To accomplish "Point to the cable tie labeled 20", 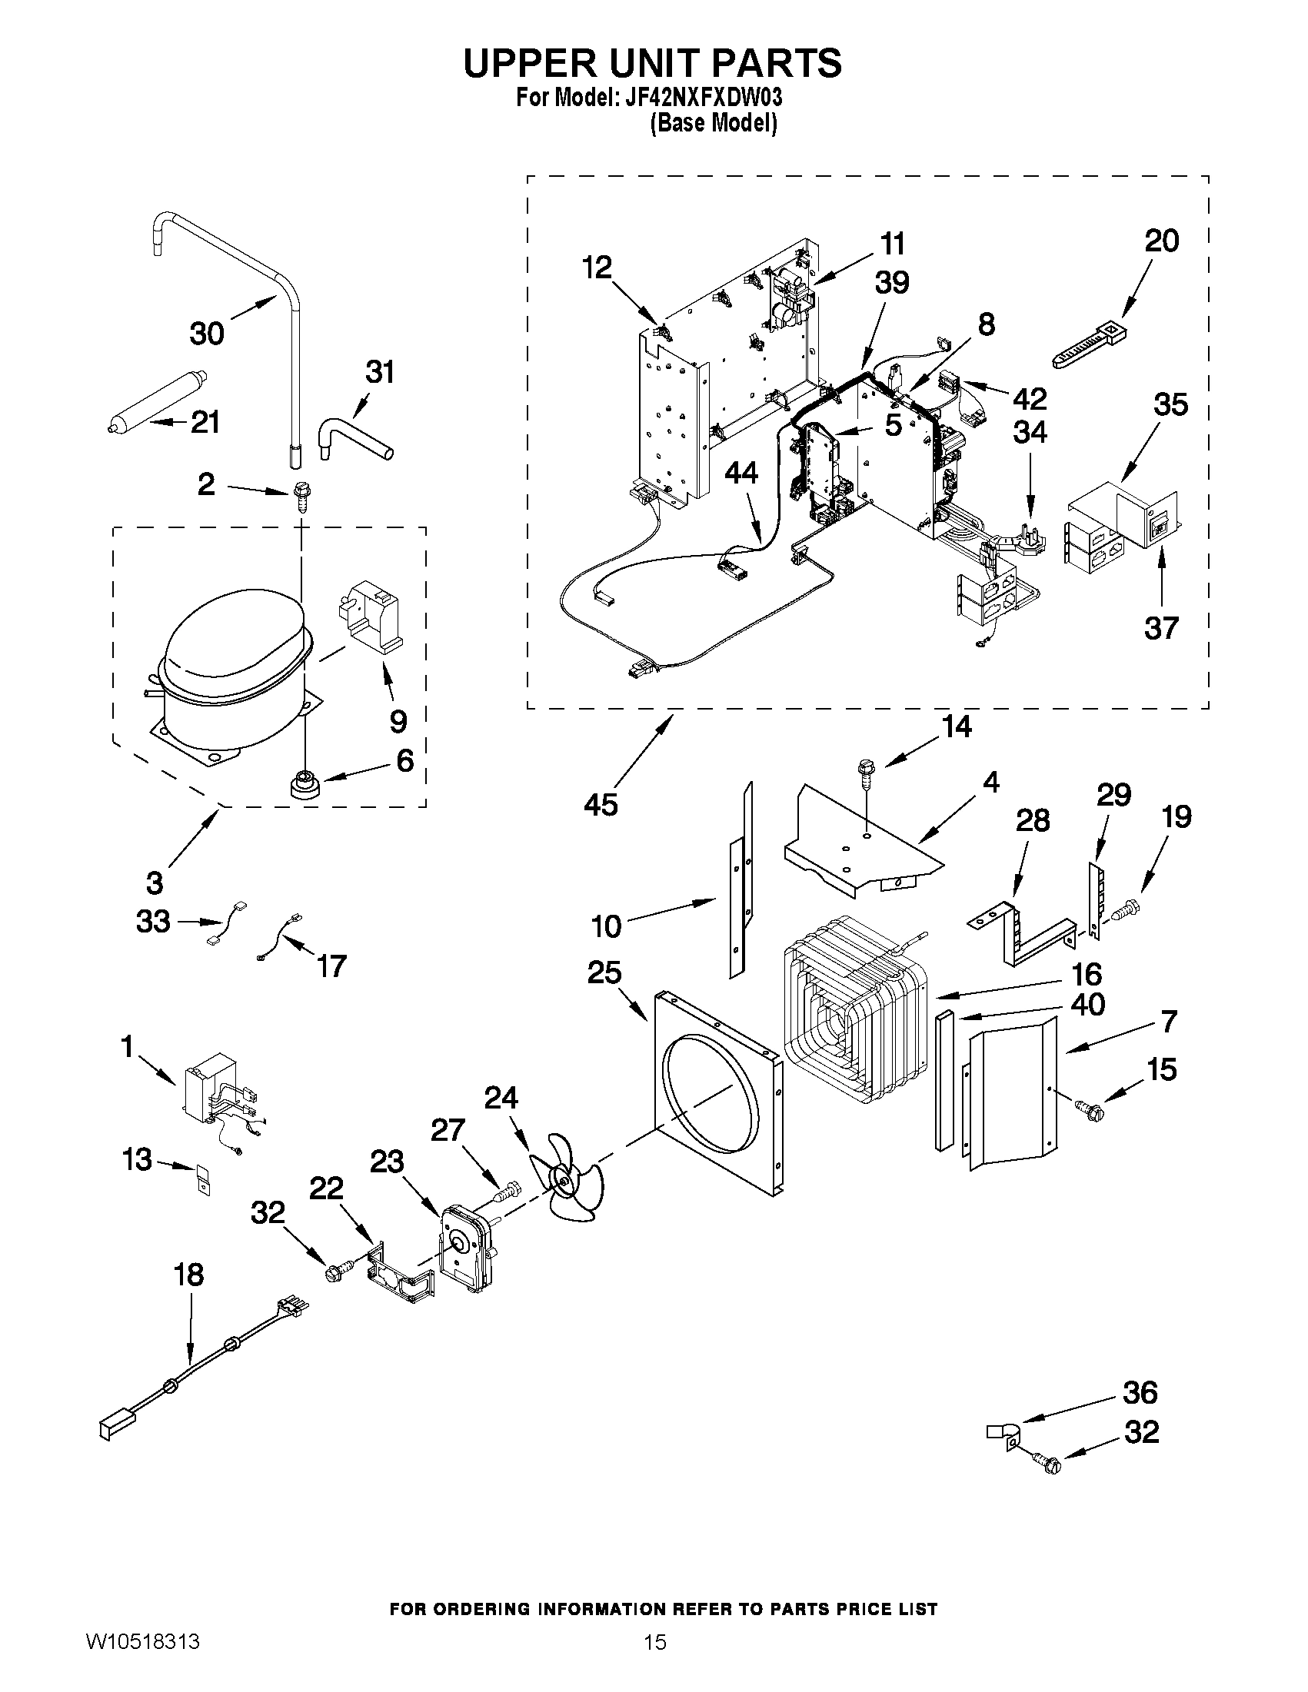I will click(x=1089, y=346).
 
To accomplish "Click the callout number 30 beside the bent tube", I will click(x=207, y=333).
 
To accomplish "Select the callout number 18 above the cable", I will click(x=188, y=1275).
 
